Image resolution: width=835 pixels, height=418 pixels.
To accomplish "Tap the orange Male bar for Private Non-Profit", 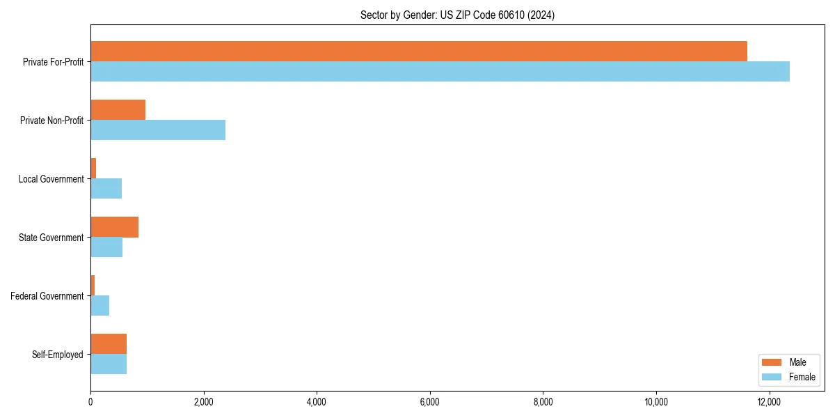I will [x=118, y=110].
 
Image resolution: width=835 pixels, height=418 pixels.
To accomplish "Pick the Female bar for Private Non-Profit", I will [x=158, y=130].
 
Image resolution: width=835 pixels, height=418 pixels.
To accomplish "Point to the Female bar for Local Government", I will [x=106, y=189].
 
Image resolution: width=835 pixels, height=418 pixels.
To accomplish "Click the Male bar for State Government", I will [x=115, y=227].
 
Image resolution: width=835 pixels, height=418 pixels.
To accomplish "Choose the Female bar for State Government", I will [x=106, y=247].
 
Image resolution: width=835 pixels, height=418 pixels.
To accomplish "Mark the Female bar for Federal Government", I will [x=100, y=306].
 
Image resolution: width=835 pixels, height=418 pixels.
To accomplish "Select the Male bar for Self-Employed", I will [x=109, y=344].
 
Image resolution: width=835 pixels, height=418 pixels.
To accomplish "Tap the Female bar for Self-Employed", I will [x=109, y=364].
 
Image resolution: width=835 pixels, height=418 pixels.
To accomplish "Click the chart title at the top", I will [x=457, y=15].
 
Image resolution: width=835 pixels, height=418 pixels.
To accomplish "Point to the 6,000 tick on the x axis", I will [x=430, y=402].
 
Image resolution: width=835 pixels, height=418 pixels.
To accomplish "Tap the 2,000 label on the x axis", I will [x=204, y=402].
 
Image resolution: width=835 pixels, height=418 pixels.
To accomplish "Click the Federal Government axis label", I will [x=47, y=296].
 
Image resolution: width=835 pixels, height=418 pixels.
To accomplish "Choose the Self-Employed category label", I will [x=58, y=355].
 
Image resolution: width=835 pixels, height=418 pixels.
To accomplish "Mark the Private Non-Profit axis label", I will [x=51, y=121].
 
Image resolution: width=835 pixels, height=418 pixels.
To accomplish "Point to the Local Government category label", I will [x=51, y=179].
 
